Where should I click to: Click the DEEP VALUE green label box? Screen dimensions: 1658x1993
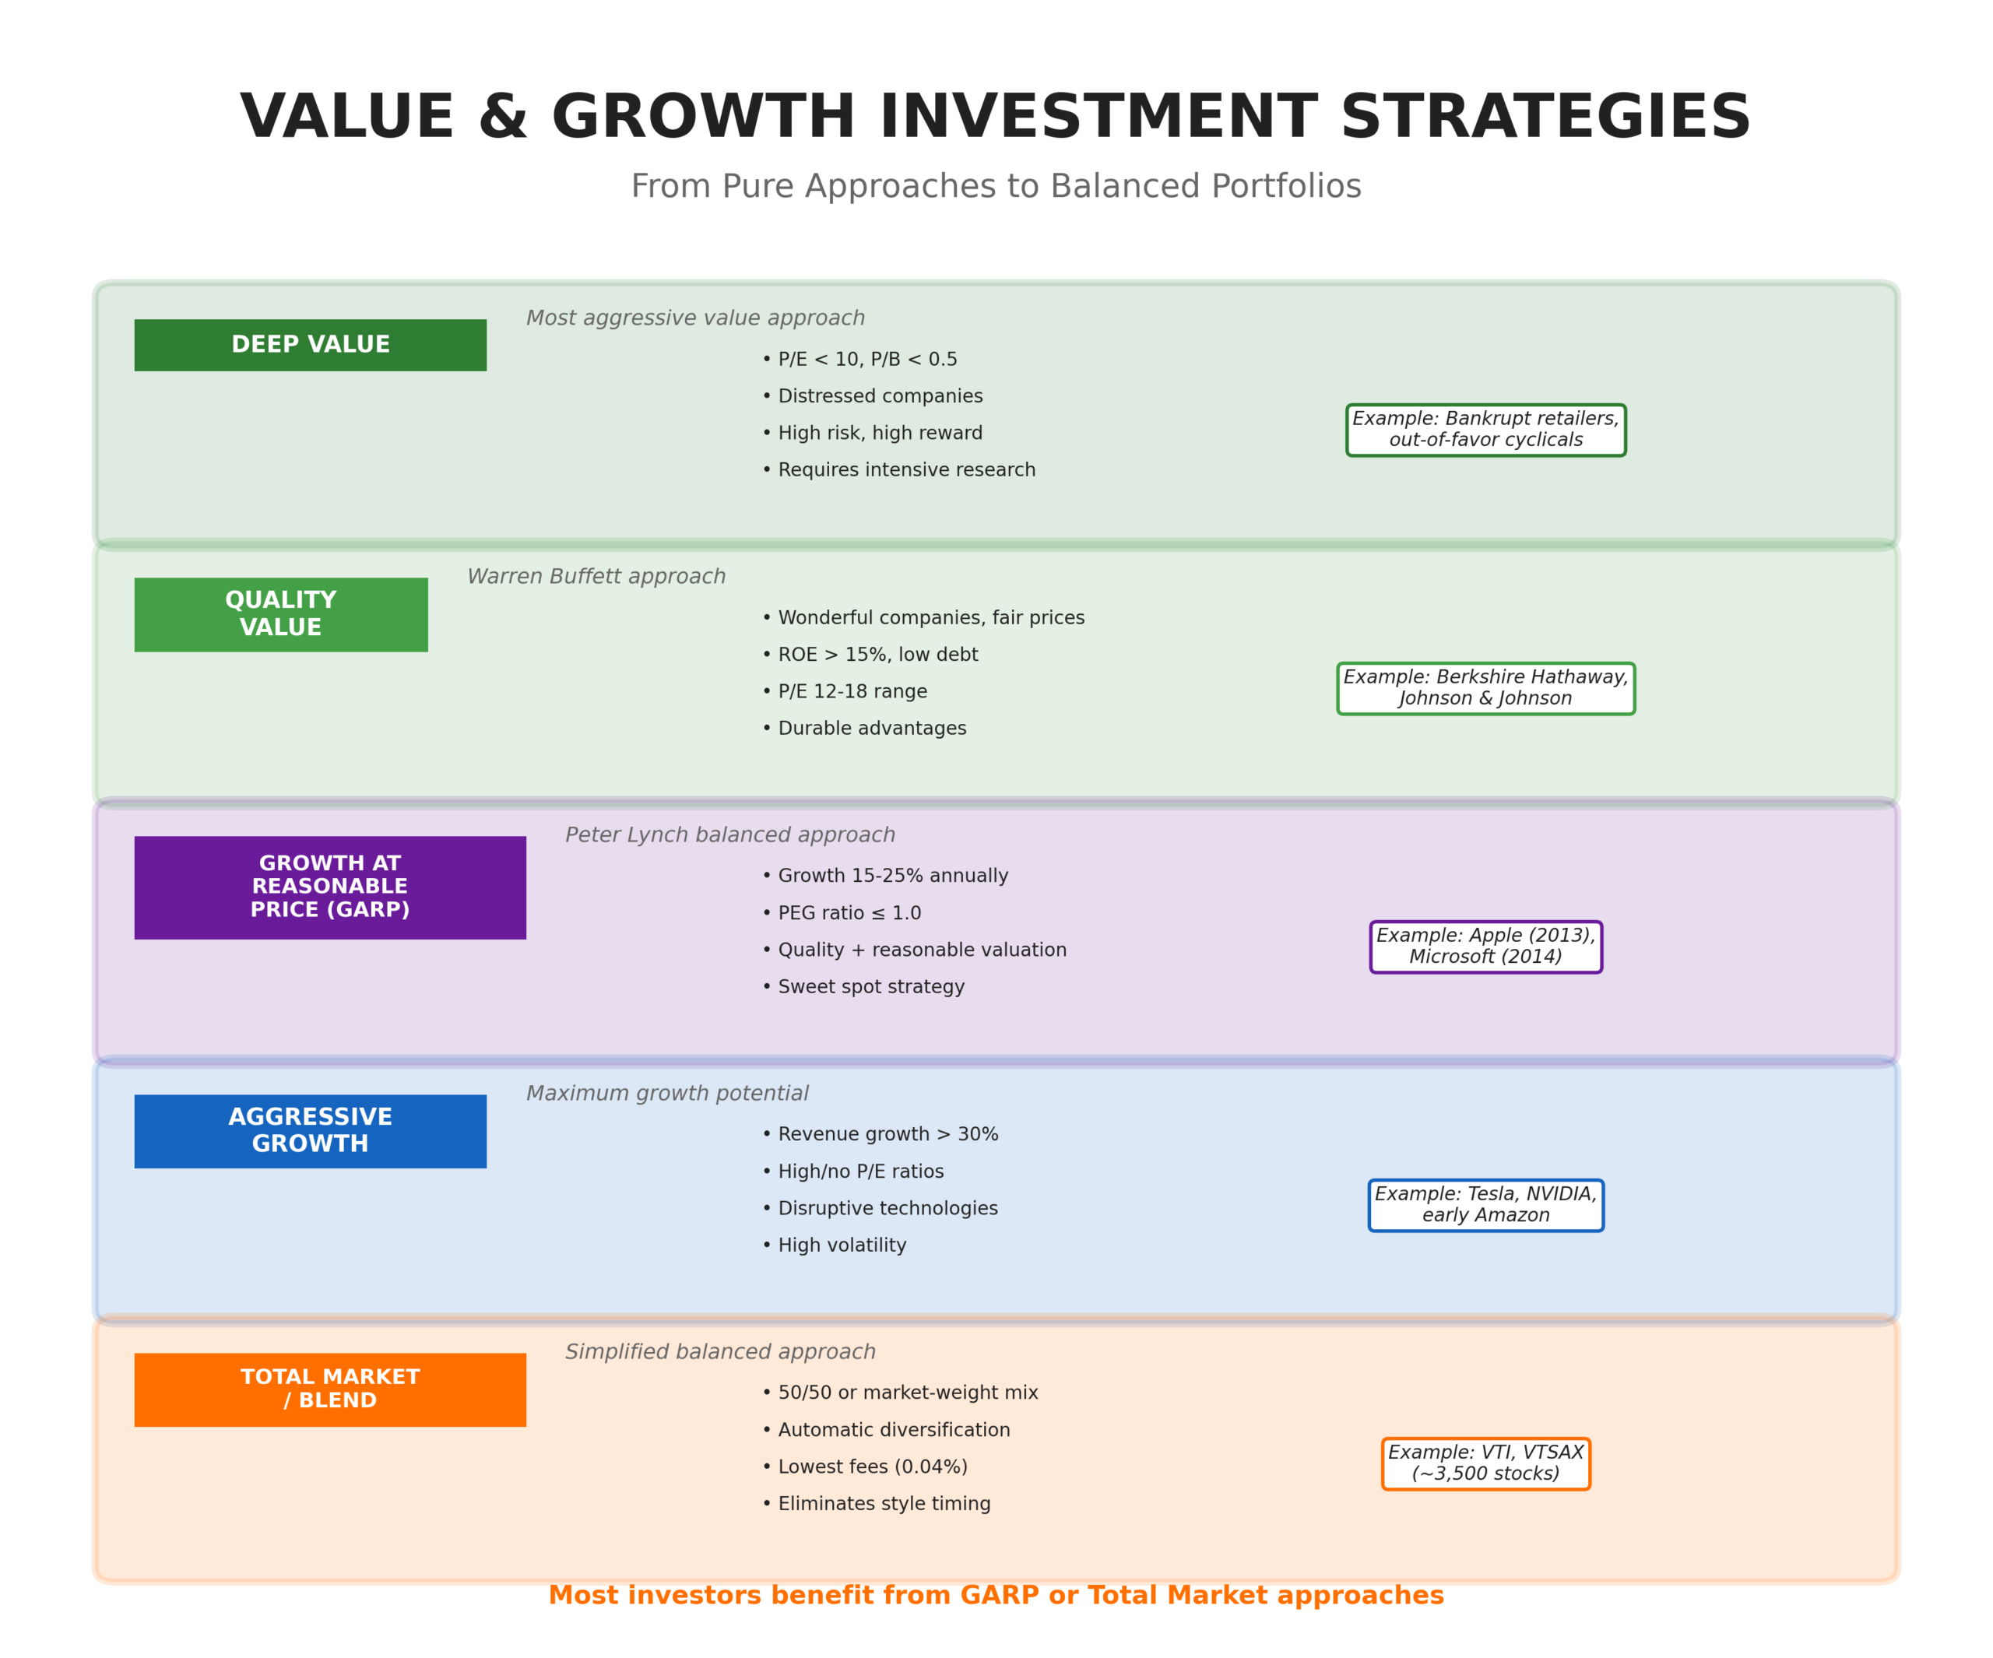pos(311,345)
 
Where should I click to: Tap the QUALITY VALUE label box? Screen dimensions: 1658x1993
pos(281,614)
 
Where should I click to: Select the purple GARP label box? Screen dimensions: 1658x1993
pos(329,887)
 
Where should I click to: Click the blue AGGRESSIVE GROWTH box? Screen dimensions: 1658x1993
pos(311,1130)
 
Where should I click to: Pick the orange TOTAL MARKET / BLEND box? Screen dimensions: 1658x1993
pos(329,1389)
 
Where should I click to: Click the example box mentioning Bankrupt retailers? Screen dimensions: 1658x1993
pos(1485,430)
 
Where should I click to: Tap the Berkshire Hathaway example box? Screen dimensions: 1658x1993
pos(1485,688)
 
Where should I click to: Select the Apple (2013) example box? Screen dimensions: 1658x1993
pos(1485,947)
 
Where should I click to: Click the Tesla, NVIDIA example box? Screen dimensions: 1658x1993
pos(1485,1204)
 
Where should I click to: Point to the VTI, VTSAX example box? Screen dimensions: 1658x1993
pos(1485,1463)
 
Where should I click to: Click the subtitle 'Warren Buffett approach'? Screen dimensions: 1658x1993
pos(596,577)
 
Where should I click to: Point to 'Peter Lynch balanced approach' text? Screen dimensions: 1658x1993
pos(729,835)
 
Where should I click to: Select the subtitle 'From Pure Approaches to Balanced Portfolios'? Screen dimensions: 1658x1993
pos(996,186)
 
